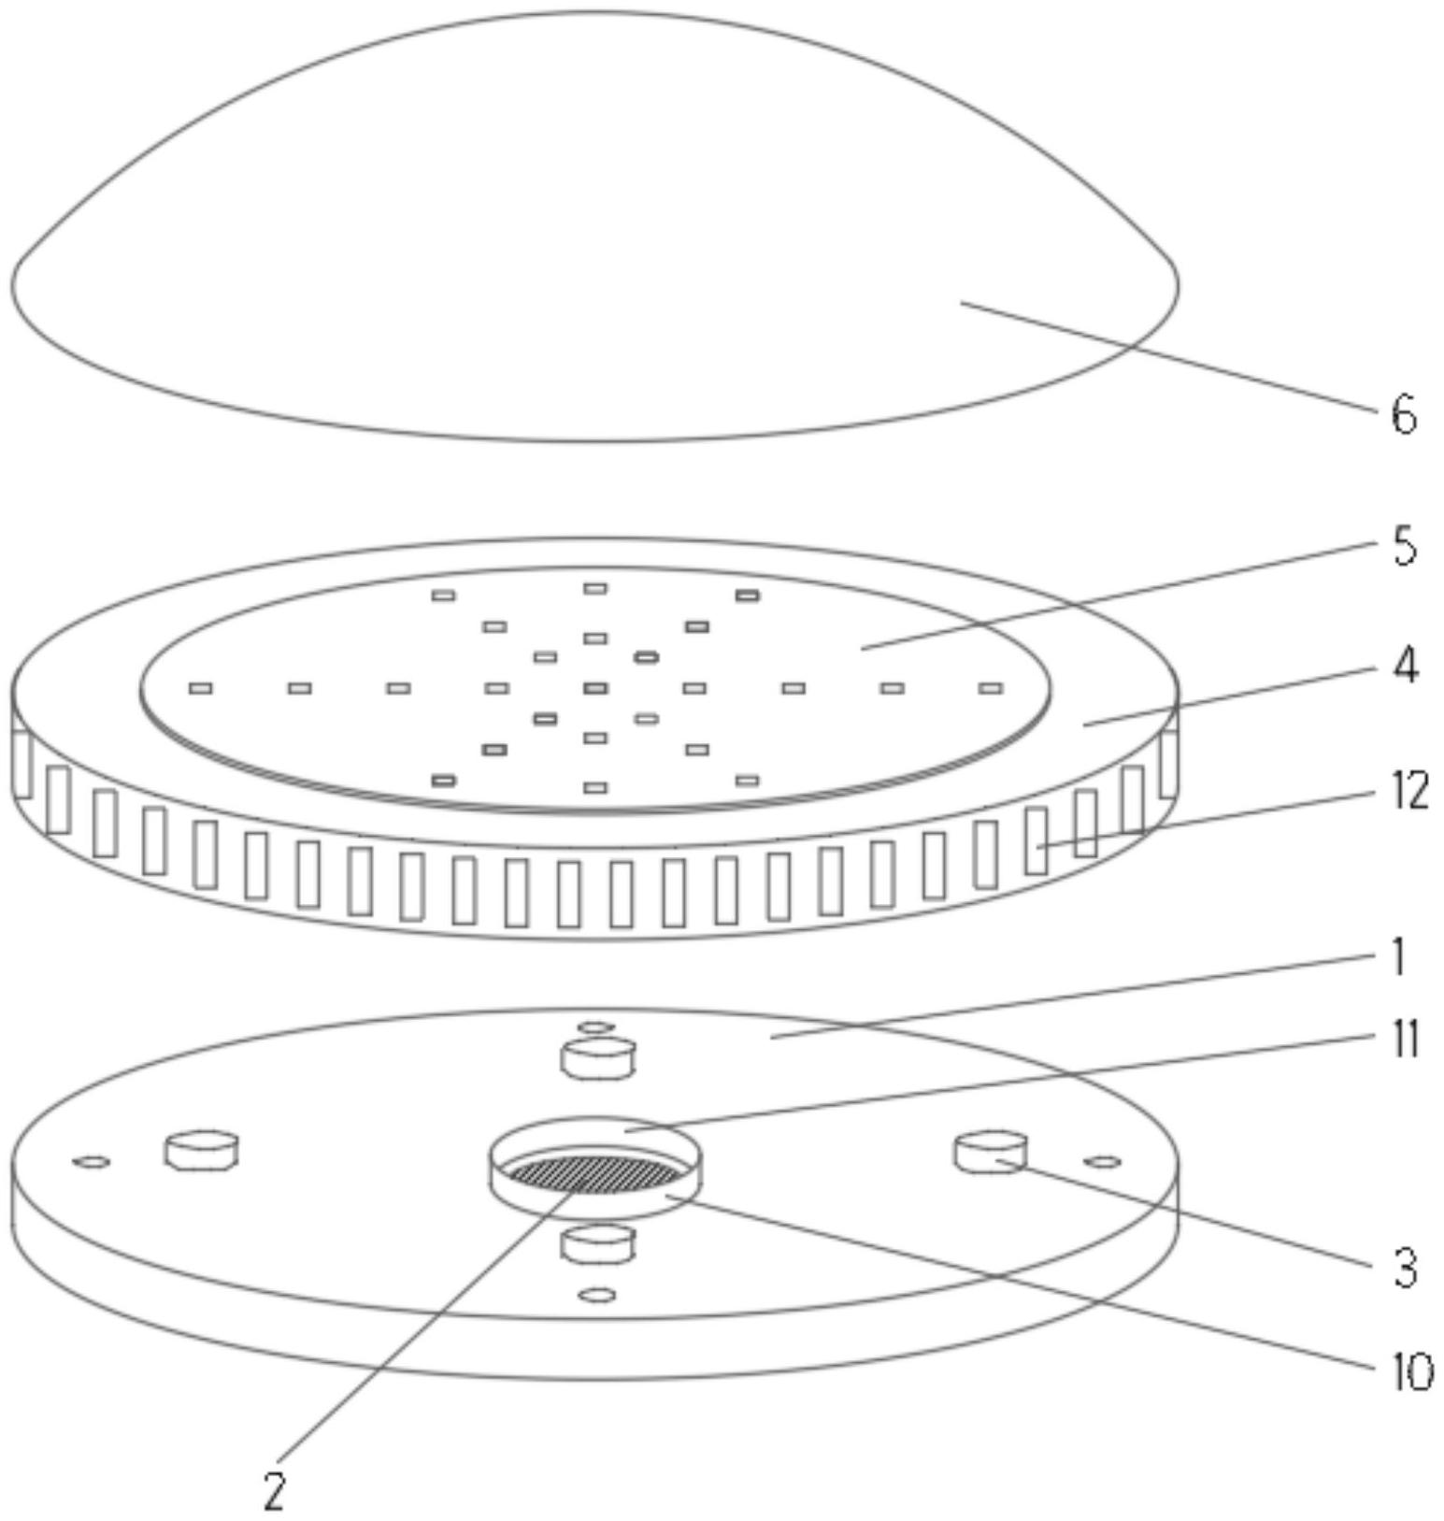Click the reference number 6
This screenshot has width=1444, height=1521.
pos(1404,413)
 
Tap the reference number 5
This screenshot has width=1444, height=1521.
pos(1404,546)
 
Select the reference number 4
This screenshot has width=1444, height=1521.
pos(1405,666)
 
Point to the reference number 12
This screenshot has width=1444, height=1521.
pos(1409,791)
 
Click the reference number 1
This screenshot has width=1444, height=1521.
pos(1399,957)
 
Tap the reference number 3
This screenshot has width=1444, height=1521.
pos(1405,1269)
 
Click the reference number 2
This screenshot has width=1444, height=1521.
pos(274,1491)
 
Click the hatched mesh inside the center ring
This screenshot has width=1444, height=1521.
pos(596,1172)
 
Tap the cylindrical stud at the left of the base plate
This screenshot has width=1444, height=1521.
pos(201,1150)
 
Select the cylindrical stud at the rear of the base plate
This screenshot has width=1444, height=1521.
pos(597,1059)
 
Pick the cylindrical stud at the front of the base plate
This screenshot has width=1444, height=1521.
pos(597,1245)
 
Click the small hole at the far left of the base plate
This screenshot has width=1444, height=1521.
pos(92,1162)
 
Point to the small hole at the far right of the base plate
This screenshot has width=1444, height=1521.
pos(1103,1162)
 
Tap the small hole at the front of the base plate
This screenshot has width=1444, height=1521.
pos(597,1295)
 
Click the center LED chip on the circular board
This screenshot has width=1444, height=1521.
pos(595,688)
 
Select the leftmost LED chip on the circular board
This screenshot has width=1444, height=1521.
pos(200,688)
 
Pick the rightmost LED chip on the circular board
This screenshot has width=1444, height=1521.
pos(991,688)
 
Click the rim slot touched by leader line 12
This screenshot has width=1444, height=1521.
pos(1036,840)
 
